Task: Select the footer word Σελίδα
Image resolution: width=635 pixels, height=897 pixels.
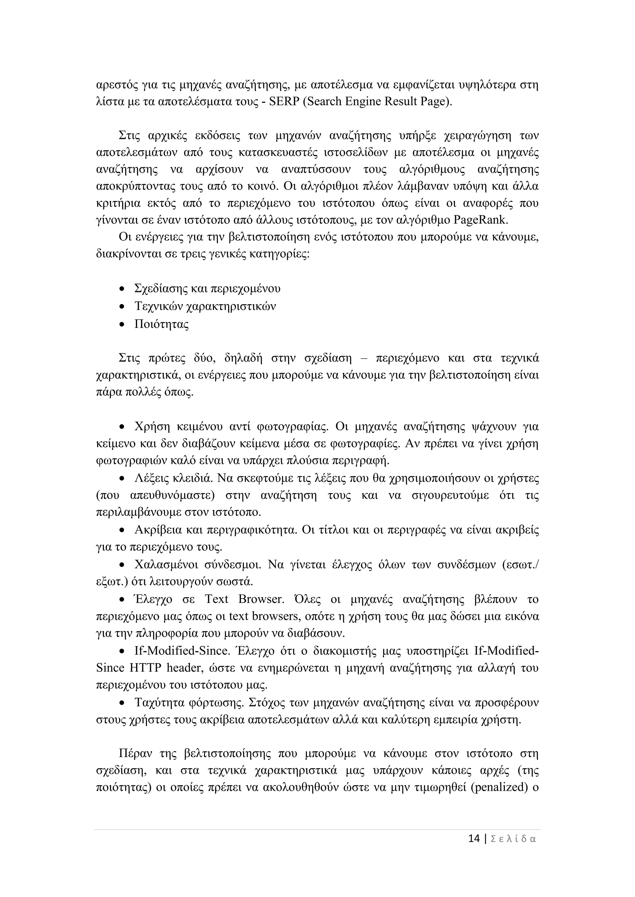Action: click(x=513, y=839)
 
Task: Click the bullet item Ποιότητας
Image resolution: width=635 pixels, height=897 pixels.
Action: click(x=162, y=324)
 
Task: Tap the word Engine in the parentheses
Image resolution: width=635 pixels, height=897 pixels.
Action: click(x=362, y=102)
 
